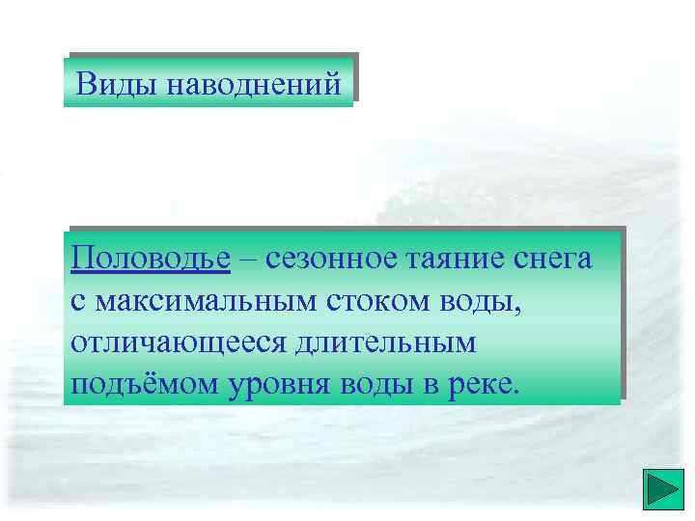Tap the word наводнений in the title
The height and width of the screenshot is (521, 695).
pyautogui.click(x=254, y=84)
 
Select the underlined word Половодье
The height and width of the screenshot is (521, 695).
pyautogui.click(x=151, y=260)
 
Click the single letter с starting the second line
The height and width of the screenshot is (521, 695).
pyautogui.click(x=77, y=303)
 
